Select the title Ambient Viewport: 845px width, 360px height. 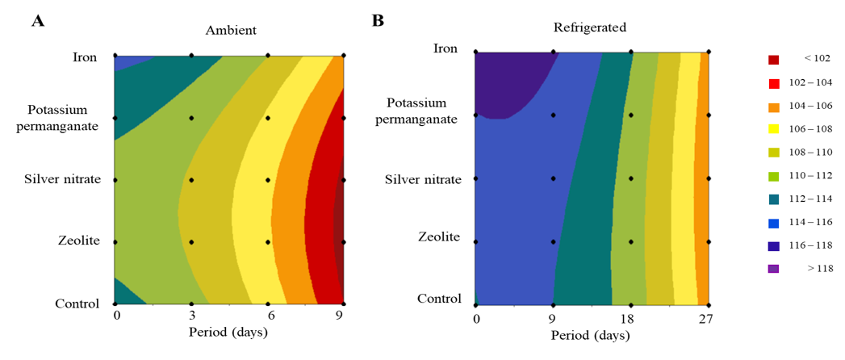231,31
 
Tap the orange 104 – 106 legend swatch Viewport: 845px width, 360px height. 773,107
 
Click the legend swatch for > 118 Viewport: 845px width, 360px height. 773,269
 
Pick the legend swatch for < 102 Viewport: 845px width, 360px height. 773,60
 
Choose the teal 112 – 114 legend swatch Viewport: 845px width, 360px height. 773,199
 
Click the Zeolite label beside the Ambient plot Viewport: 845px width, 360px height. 79,241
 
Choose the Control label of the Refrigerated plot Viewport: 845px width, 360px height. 439,299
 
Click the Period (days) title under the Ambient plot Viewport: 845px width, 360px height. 228,332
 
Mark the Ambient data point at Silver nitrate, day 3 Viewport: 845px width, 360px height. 191,180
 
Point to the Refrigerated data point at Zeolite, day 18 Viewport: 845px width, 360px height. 631,241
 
